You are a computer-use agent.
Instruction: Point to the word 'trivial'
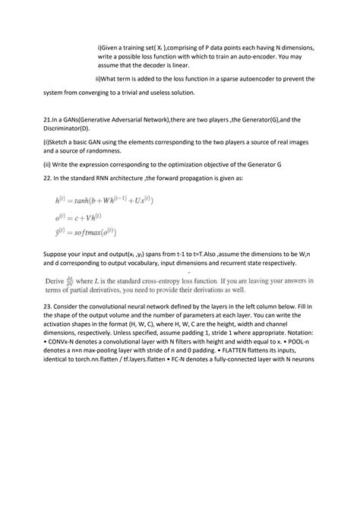pos(129,93)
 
